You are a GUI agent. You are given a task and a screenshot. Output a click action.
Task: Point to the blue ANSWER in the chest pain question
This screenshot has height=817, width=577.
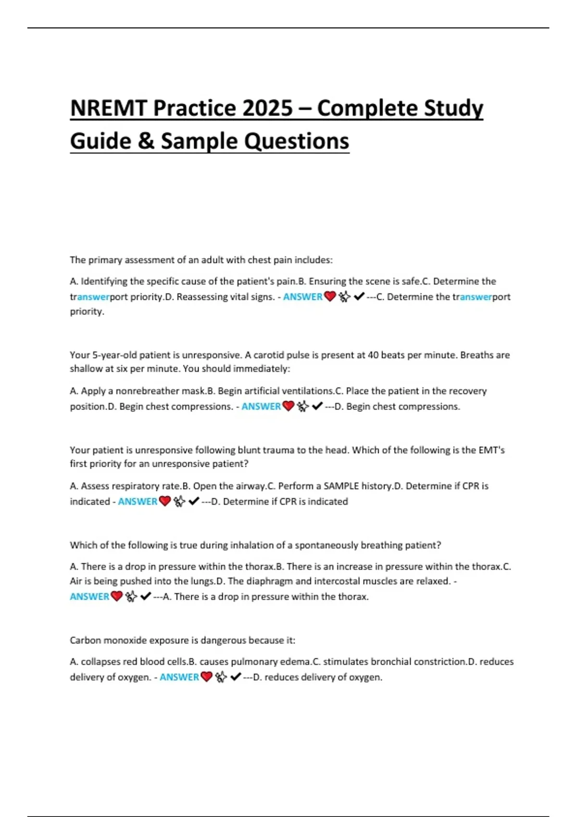coord(302,297)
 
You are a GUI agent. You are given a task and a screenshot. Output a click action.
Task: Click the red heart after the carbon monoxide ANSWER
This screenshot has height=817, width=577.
coord(207,677)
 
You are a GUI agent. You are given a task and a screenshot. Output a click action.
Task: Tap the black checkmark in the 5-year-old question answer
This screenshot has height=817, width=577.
coord(317,407)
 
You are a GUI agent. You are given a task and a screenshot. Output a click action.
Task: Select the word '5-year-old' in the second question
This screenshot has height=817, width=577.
coord(114,355)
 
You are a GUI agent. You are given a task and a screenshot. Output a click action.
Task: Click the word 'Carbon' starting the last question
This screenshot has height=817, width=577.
coord(85,640)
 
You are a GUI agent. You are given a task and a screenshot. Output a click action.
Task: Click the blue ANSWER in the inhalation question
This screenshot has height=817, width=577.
coord(89,596)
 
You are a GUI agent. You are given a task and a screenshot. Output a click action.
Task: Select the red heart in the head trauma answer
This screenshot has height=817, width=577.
coord(165,501)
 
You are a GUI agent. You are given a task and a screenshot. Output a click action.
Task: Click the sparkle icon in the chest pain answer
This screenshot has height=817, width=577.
coord(344,297)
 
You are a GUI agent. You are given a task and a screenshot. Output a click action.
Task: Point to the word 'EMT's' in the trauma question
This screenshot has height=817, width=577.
coord(491,450)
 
